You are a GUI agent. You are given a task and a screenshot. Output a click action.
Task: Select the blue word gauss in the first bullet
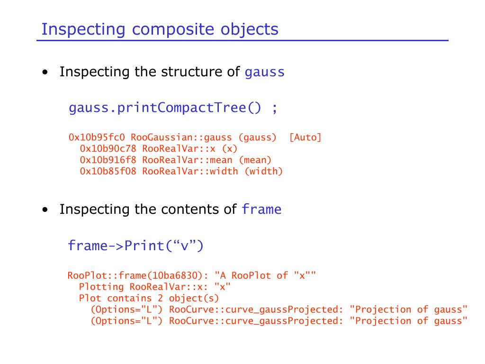(265, 73)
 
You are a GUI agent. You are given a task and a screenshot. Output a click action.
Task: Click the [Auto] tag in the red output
(305, 137)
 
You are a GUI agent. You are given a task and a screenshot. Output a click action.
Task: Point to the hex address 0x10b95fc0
(97, 137)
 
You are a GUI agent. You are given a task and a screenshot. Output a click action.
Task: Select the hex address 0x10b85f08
(108, 172)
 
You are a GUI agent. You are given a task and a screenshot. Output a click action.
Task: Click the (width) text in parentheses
(263, 172)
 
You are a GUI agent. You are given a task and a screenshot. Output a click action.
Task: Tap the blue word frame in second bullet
(261, 209)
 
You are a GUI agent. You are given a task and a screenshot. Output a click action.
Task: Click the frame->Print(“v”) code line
(135, 246)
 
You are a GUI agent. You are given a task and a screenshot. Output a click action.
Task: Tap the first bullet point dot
(45, 73)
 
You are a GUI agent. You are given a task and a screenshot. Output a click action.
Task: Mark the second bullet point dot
(45, 210)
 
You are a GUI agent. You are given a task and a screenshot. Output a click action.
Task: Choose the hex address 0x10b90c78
(108, 149)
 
